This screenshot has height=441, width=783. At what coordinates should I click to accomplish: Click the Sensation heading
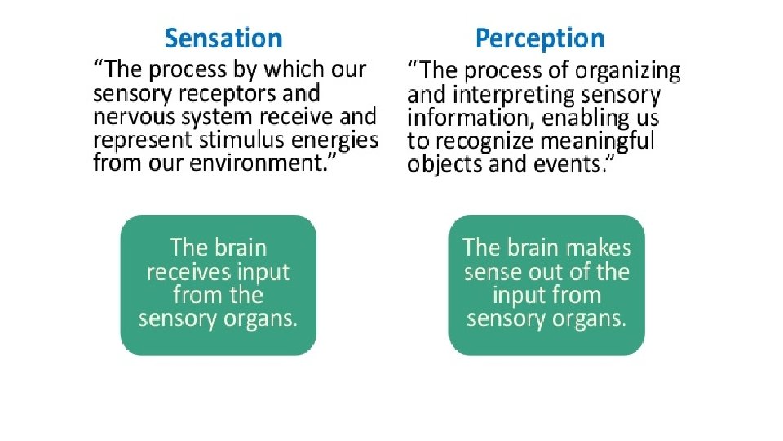(x=223, y=38)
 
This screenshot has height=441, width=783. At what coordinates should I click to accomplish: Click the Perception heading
(x=540, y=38)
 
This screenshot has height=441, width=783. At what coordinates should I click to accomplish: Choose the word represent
(x=138, y=140)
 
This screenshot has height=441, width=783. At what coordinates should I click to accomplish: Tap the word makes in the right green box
(x=599, y=247)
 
